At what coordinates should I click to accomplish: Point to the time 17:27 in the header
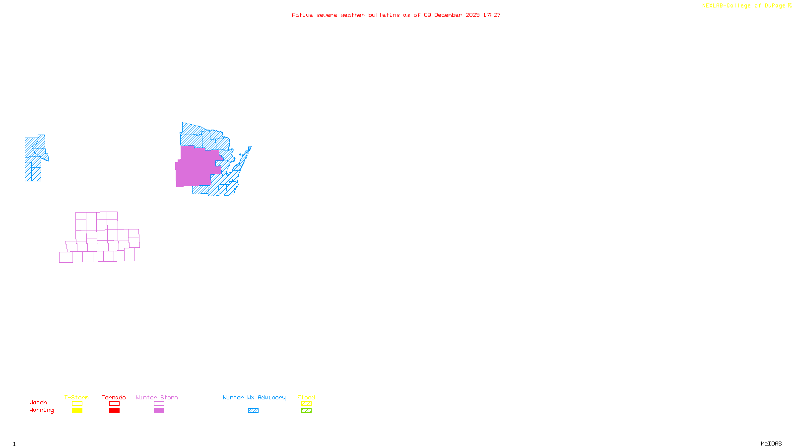pos(491,15)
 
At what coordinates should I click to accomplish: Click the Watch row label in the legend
pos(38,402)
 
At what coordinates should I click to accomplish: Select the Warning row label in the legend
pos(42,410)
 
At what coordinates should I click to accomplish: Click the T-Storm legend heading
pos(76,397)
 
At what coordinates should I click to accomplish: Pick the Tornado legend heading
pos(114,397)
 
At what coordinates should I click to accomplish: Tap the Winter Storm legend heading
pos(157,397)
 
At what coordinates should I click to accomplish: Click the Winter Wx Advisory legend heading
pos(254,397)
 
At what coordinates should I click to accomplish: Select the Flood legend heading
pos(306,397)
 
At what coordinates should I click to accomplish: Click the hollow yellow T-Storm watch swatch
pos(77,404)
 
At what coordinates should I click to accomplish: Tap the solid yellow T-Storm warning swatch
pos(77,411)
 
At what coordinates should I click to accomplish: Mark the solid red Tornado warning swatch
pos(114,411)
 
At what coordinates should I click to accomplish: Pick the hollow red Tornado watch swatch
pos(114,404)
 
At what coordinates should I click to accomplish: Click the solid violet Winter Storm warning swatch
pos(159,411)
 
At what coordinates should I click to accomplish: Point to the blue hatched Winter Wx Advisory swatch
pos(253,411)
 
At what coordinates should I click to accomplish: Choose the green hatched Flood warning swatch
pos(306,411)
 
